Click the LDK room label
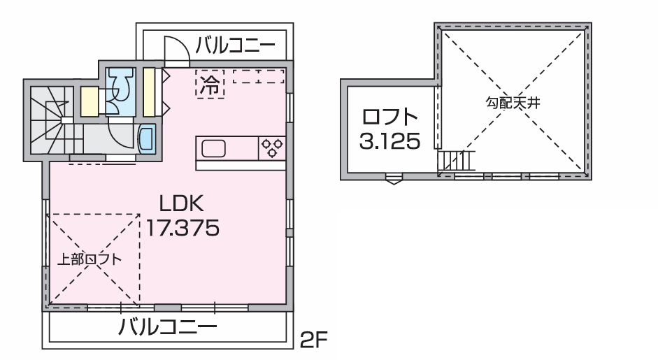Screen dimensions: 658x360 click(x=182, y=203)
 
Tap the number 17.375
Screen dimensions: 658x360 click(x=183, y=228)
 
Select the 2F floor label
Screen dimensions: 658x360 click(x=313, y=340)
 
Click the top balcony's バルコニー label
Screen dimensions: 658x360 click(x=236, y=45)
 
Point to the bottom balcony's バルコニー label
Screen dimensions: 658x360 click(x=167, y=326)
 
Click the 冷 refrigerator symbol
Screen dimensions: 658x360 click(x=210, y=84)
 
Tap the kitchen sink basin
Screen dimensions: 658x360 click(x=213, y=148)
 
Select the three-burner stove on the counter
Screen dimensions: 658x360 click(x=272, y=148)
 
